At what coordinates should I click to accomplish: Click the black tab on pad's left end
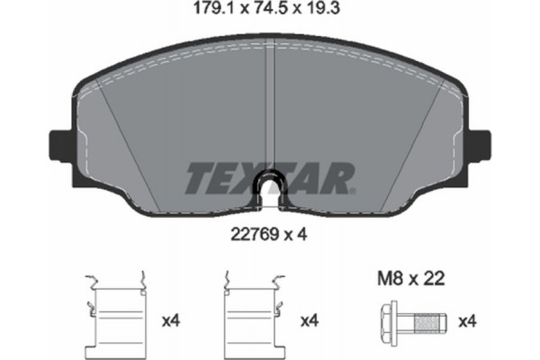[56, 145]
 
